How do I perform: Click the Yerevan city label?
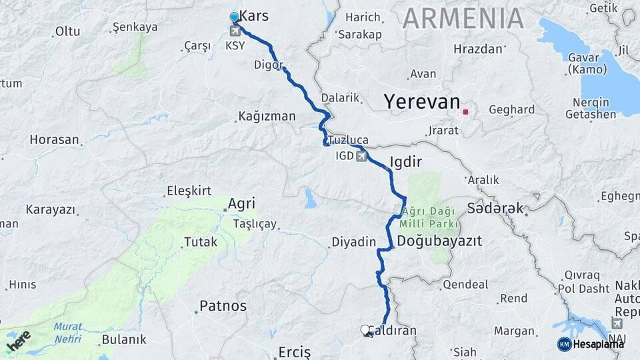click(421, 102)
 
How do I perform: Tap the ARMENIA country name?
click(463, 19)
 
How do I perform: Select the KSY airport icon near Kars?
click(235, 31)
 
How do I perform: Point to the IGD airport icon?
click(361, 157)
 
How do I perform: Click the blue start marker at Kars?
click(234, 17)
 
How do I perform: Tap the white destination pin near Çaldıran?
click(365, 329)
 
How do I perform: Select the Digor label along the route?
click(269, 65)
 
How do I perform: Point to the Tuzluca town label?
click(349, 140)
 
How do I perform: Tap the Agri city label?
click(241, 204)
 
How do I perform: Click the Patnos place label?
click(223, 307)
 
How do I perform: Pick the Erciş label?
click(294, 351)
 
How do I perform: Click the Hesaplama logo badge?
click(590, 344)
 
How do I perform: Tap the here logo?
click(18, 341)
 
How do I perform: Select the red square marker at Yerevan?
click(465, 111)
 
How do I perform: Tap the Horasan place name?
click(54, 140)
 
